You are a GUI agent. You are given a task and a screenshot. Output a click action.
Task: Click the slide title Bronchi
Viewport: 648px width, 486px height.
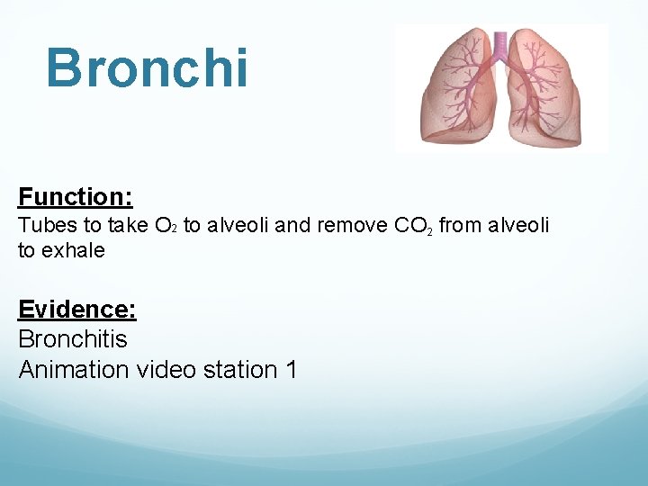(x=147, y=67)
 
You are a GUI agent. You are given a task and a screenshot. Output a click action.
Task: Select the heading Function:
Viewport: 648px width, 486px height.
(x=76, y=196)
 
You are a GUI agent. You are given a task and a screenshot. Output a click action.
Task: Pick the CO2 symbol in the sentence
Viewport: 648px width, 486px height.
(x=414, y=226)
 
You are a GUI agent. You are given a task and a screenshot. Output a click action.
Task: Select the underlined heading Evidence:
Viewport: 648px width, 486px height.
(x=77, y=310)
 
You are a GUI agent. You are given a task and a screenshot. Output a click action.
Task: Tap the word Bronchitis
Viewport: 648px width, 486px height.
(x=73, y=339)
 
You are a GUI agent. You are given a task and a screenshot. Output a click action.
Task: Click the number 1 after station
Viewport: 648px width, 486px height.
(x=290, y=369)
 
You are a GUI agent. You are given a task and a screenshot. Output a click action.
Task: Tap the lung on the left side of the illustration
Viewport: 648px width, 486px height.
(x=454, y=94)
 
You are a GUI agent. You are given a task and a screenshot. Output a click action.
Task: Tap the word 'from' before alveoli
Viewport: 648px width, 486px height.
(x=459, y=225)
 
